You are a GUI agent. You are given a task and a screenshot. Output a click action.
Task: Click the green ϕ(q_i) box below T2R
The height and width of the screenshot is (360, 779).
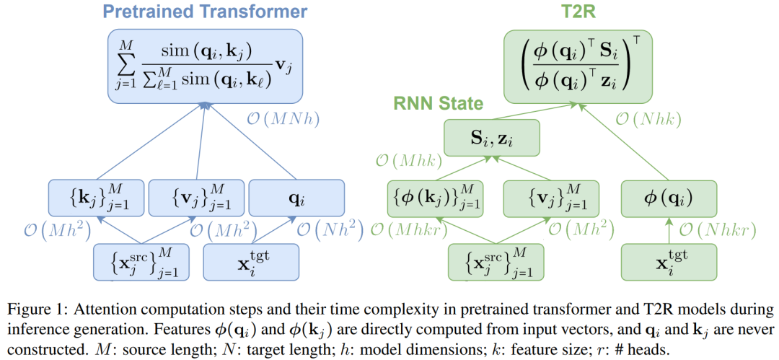click(x=669, y=196)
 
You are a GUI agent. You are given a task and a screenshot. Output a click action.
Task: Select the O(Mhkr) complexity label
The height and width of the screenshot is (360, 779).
click(x=410, y=231)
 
